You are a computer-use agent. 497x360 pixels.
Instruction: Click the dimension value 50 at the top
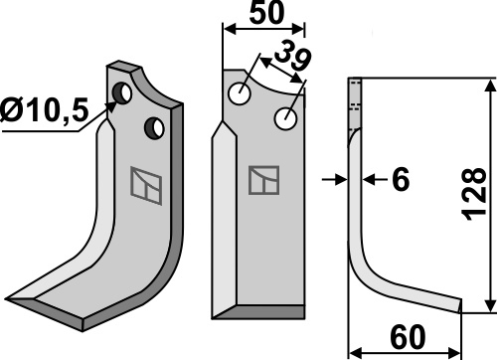(x=266, y=13)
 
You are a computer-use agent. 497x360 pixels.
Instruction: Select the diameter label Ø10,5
(x=45, y=109)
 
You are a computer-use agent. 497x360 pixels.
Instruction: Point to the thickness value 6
(x=401, y=179)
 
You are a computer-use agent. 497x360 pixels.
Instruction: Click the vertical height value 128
(x=475, y=194)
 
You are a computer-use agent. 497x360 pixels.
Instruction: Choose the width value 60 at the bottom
(x=408, y=337)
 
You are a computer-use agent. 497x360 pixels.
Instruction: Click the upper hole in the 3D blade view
(x=122, y=92)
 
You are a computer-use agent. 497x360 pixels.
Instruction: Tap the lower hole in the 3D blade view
(x=154, y=128)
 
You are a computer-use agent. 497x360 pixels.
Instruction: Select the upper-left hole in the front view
(x=240, y=93)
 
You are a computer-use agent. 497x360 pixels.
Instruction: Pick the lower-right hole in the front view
(x=285, y=118)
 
